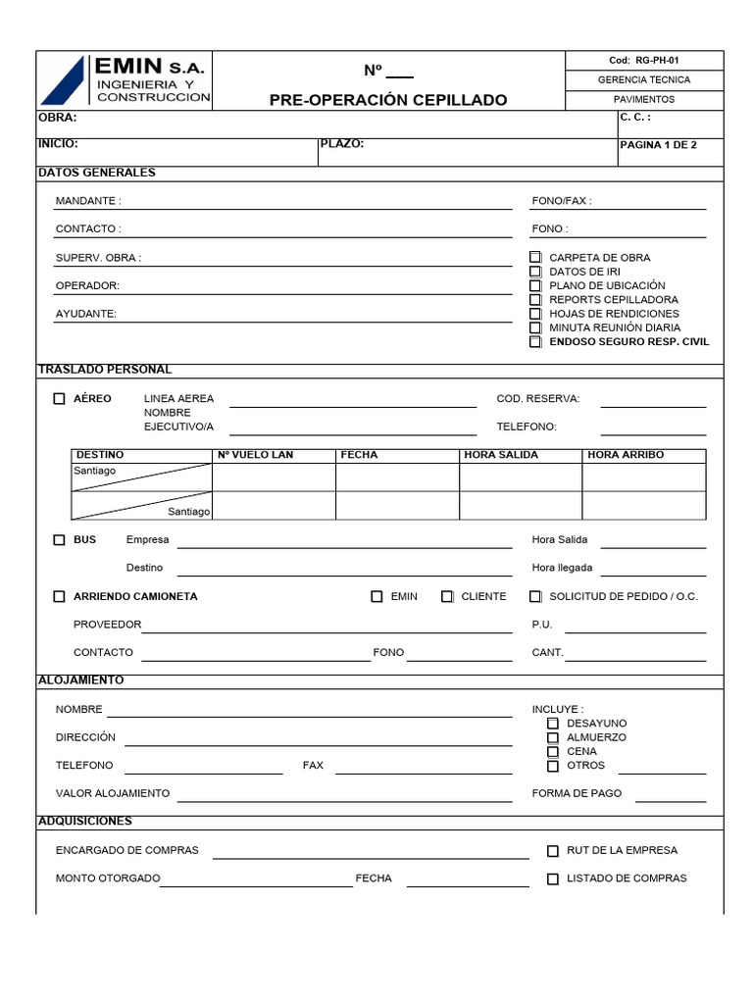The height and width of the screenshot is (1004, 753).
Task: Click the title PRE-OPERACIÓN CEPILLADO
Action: click(x=388, y=100)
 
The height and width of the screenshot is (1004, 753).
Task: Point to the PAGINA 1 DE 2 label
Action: click(x=659, y=145)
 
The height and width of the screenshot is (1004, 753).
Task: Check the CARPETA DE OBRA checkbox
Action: click(x=535, y=258)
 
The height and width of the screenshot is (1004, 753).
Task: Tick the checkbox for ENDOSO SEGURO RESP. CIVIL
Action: click(x=535, y=342)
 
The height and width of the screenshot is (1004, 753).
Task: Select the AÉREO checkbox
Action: click(x=60, y=399)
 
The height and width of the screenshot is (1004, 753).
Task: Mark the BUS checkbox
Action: click(x=60, y=540)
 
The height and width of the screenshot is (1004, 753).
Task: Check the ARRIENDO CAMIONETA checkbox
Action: click(x=60, y=596)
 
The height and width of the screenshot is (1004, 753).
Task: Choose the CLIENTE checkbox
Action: click(x=447, y=596)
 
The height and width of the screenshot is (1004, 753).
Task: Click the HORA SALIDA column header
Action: click(x=500, y=455)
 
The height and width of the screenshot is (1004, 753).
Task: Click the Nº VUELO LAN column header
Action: click(x=255, y=455)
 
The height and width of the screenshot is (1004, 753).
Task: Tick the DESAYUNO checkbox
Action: click(x=553, y=724)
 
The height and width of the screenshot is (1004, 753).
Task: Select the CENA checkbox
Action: click(x=553, y=752)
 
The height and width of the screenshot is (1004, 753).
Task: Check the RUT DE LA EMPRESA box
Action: click(x=553, y=851)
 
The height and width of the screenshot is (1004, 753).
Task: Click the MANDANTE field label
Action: click(x=88, y=201)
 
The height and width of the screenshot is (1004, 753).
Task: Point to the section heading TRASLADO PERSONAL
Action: click(x=105, y=370)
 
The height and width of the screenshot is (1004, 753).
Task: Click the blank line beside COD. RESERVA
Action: click(x=653, y=400)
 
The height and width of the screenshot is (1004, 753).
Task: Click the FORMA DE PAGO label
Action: click(x=577, y=793)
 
